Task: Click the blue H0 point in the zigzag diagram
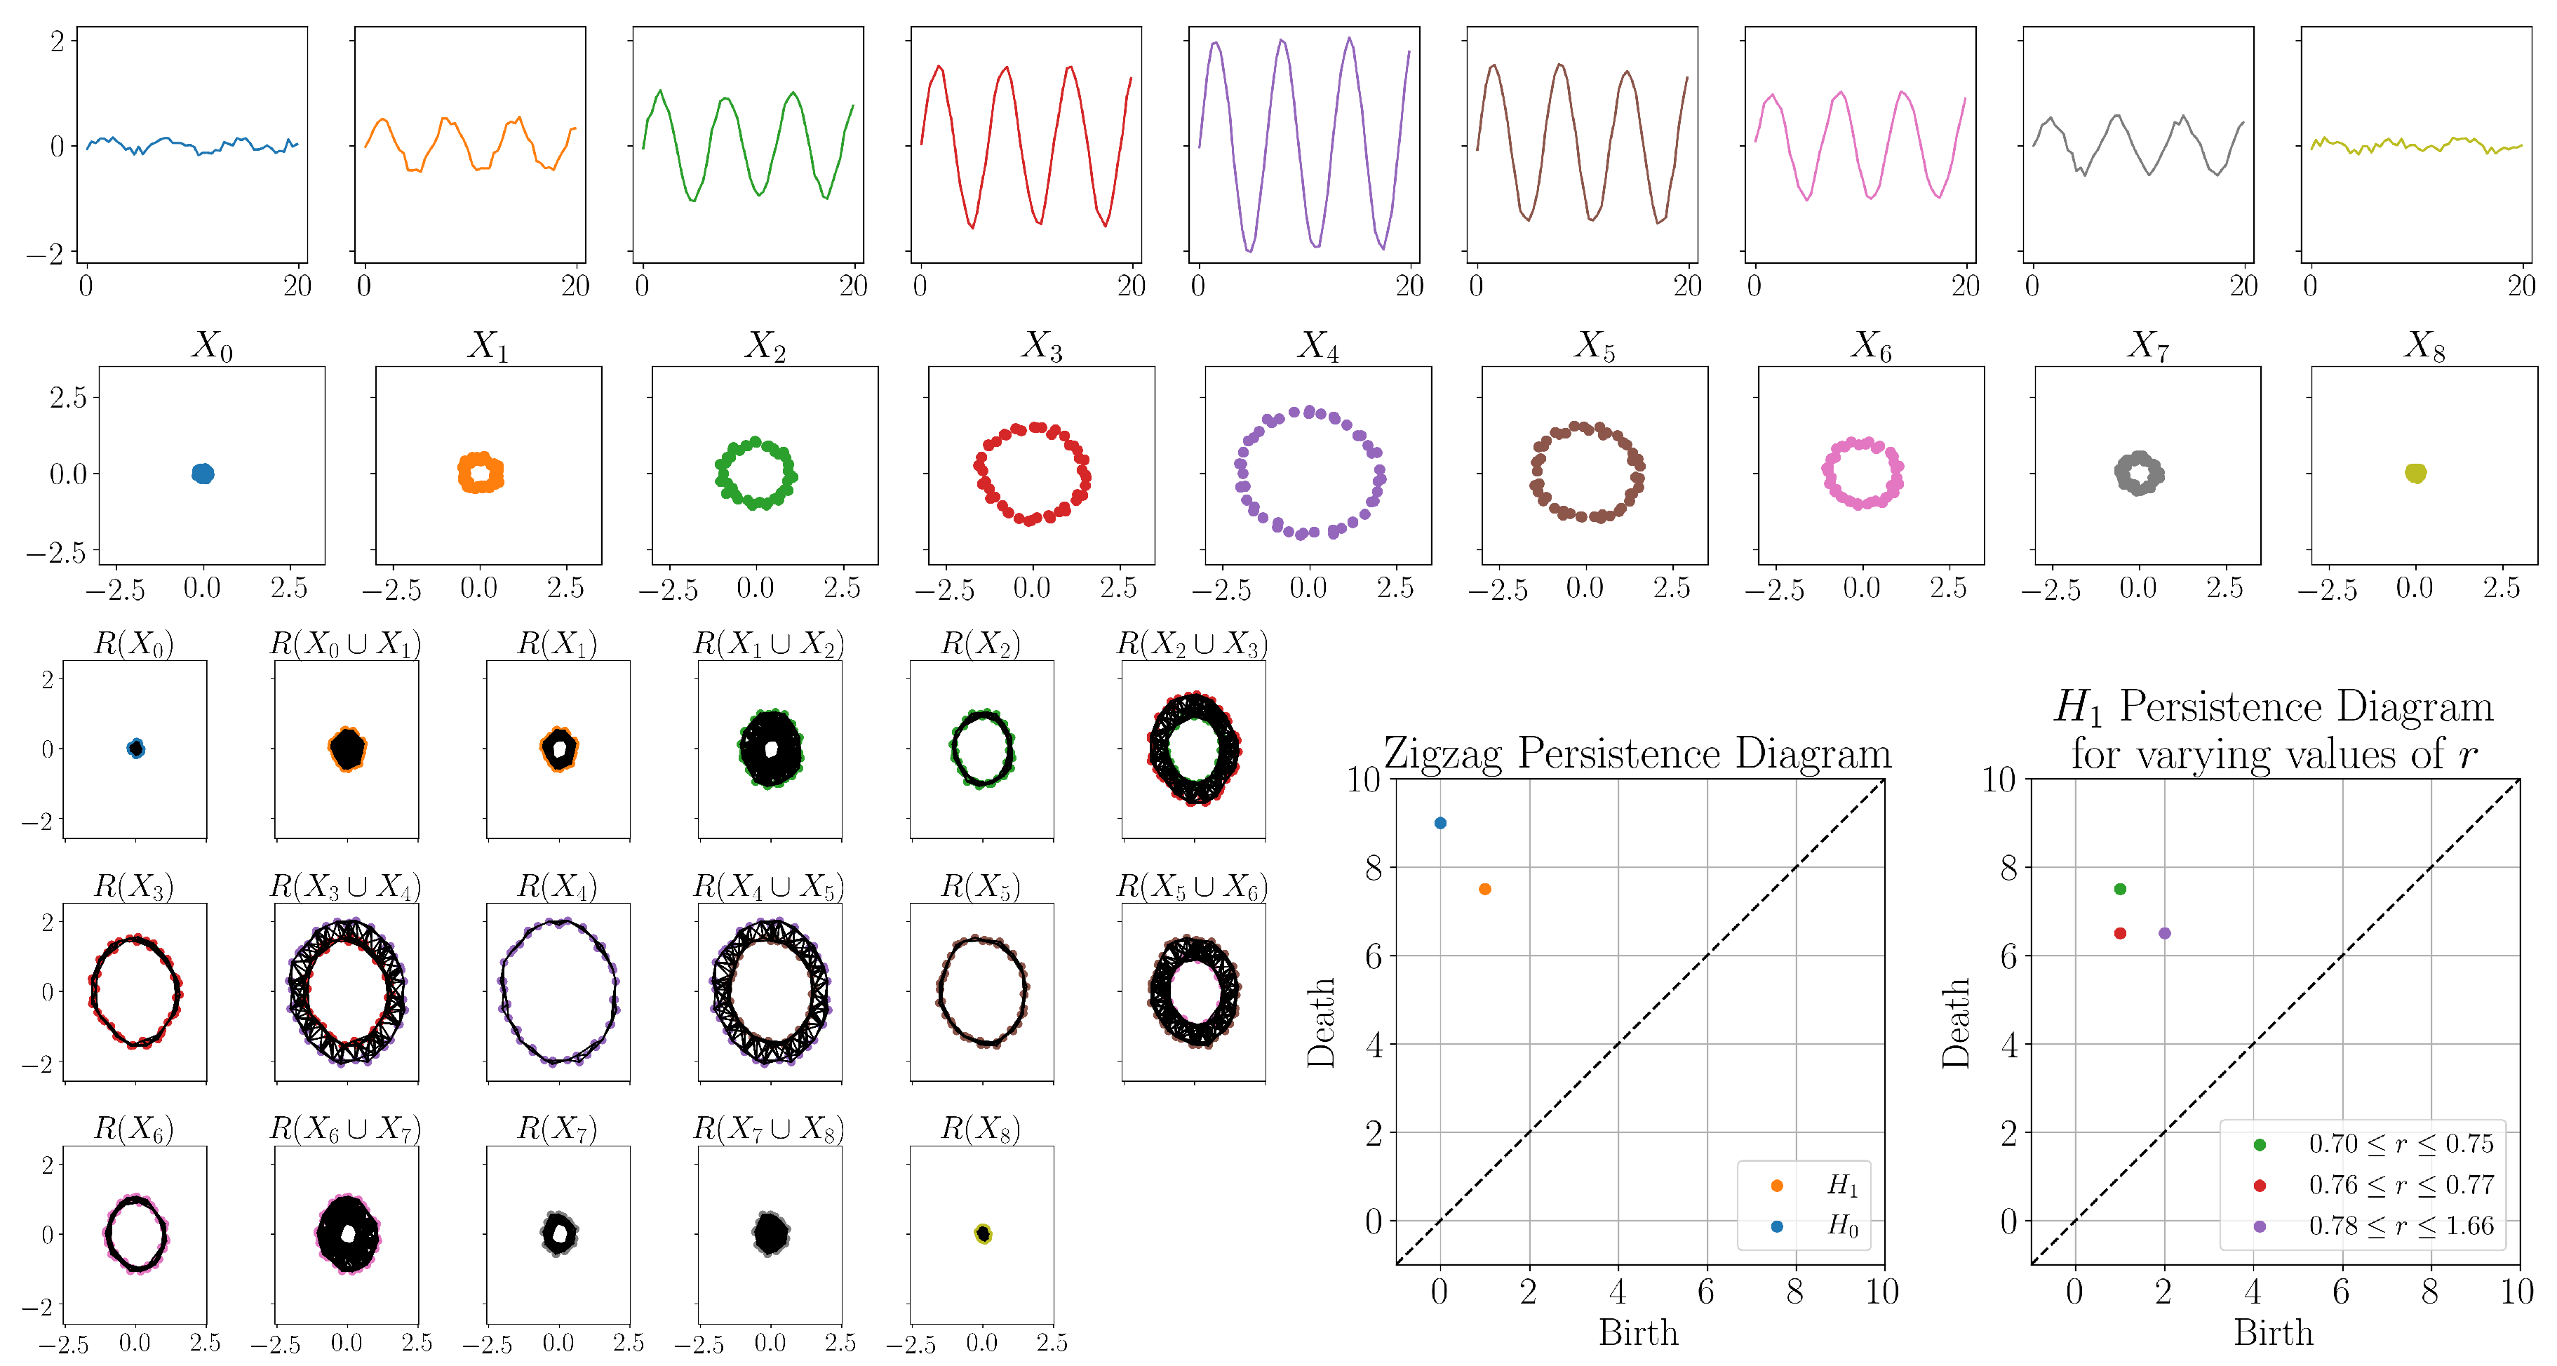point(1440,823)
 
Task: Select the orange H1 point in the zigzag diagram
point(1485,890)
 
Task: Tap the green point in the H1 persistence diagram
point(2120,890)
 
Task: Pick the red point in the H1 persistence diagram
point(2120,933)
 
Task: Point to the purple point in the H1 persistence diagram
point(2165,933)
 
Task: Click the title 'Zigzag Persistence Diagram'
point(1638,754)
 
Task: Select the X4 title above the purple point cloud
point(1318,345)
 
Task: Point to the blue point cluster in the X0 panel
point(203,474)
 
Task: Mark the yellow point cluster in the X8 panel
point(2416,474)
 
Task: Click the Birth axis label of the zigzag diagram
point(1638,1332)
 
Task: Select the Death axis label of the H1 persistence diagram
point(1956,1022)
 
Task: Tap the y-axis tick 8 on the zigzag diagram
point(1374,868)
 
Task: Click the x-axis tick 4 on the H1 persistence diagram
point(2253,1292)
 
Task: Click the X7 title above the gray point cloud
point(2148,345)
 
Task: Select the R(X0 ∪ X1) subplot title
point(345,643)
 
